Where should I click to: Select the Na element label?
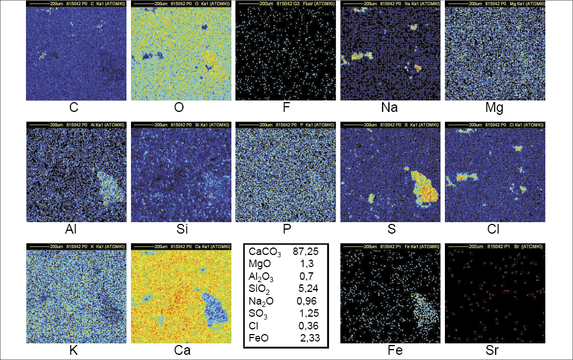coord(390,108)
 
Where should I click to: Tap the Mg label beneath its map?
coord(495,108)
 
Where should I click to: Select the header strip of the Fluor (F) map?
coord(286,4)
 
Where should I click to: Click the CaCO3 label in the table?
coord(263,252)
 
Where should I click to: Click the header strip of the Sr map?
coord(495,246)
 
